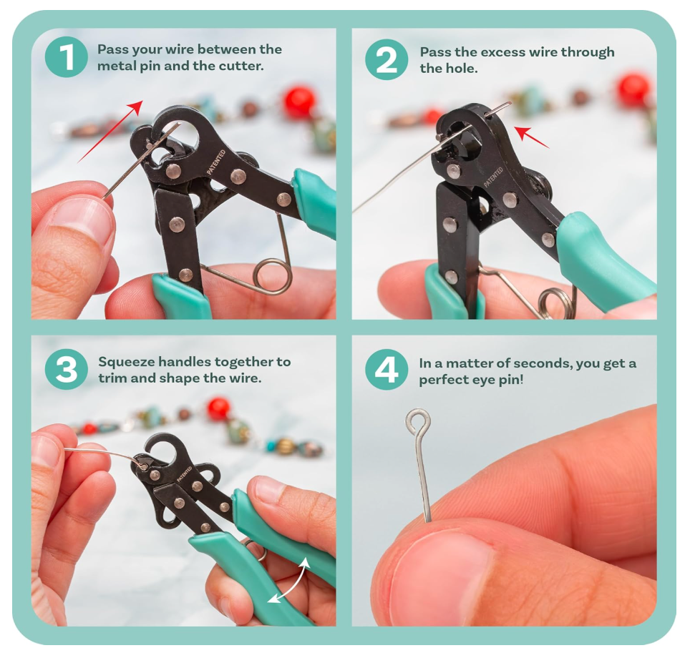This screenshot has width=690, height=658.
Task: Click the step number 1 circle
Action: coord(66,57)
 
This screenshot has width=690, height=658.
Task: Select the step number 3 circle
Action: coord(66,370)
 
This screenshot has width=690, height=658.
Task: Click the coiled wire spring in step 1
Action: coord(274,276)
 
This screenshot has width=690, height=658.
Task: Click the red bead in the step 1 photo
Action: coord(300,102)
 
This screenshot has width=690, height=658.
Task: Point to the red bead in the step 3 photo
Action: coord(218,408)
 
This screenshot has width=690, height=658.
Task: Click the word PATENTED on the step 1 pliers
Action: coord(215,162)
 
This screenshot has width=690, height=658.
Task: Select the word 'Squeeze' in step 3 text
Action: coord(122,361)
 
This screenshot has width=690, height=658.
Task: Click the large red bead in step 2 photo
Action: coord(633,90)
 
